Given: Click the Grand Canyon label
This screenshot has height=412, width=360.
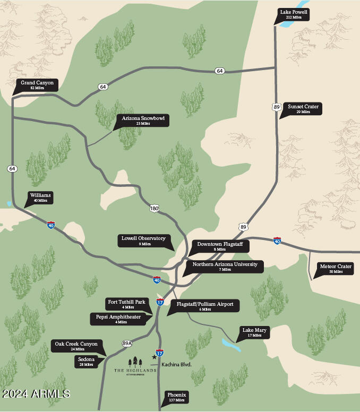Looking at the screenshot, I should [x=37, y=85].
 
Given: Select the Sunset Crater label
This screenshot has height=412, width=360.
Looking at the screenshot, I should [x=303, y=109].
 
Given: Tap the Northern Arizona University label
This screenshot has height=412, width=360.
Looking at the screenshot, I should [x=225, y=267].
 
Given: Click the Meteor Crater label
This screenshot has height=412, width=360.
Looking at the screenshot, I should [x=336, y=269].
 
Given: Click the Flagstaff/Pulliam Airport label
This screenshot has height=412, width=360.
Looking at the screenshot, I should [x=204, y=306].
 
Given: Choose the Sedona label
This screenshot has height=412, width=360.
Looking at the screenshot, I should [x=86, y=362].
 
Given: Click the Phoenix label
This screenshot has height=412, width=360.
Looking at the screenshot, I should [x=176, y=397].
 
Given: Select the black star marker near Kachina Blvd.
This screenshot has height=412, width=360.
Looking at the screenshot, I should [x=155, y=357].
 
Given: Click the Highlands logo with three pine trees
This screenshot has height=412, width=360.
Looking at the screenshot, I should [x=135, y=365].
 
